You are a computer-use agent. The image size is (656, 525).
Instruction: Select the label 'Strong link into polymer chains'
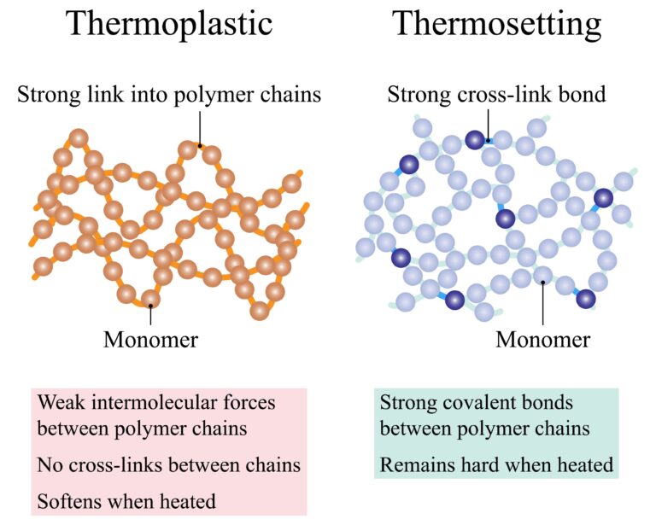click(x=169, y=94)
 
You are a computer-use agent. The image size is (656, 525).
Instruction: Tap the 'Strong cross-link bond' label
click(x=496, y=94)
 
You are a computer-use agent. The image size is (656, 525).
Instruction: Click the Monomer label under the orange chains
click(x=150, y=339)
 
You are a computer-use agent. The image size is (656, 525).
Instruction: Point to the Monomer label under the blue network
click(x=542, y=339)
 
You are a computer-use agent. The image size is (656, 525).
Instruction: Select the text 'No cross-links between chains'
click(x=169, y=465)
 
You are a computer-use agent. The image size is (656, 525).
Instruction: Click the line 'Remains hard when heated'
click(x=496, y=465)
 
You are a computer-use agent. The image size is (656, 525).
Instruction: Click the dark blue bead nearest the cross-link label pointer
click(x=476, y=140)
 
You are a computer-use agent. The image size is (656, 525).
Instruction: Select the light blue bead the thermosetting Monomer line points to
click(x=542, y=275)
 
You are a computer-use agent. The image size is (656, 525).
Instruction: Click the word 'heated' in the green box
click(x=584, y=465)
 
